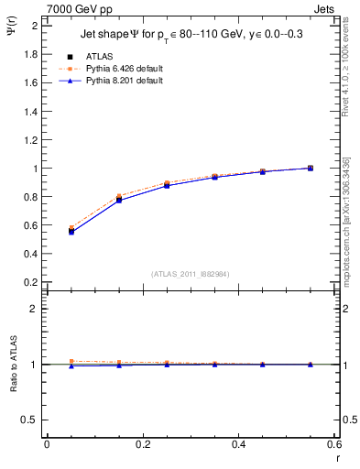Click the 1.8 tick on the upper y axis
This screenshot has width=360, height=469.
pos(31,53)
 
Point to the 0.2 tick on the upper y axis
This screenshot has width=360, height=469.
pos(31,283)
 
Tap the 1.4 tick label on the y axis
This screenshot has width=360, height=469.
pos(31,111)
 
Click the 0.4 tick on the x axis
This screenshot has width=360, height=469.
pos(238,444)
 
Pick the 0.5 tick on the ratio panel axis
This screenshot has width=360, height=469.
pos(32,420)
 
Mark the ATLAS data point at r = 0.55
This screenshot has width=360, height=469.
pos(310,168)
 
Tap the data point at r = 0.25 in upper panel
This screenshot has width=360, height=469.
pos(167,185)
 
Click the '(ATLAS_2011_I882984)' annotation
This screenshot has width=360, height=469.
pos(190,273)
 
